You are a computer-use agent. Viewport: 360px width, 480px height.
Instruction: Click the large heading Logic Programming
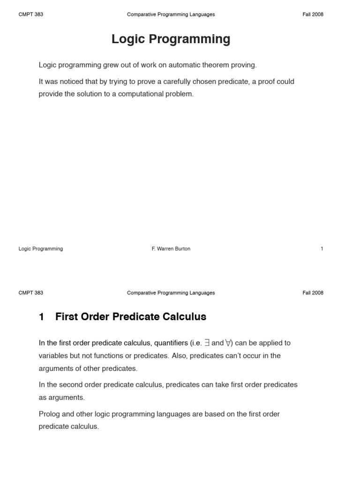click(171, 39)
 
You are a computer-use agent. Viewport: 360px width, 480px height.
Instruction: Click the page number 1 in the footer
click(322, 249)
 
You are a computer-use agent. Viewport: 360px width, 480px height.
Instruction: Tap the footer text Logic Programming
click(41, 249)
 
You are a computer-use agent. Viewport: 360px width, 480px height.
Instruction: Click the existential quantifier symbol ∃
click(207, 343)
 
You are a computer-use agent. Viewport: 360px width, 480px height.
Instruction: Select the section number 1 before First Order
click(42, 317)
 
